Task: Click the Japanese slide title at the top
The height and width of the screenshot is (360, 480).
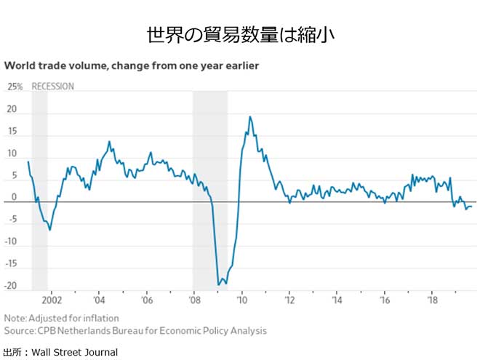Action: (x=240, y=34)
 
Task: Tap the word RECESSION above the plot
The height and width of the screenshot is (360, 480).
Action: (x=53, y=87)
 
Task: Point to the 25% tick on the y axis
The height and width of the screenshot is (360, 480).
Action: (x=15, y=87)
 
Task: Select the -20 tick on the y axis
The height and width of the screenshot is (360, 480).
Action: (x=11, y=285)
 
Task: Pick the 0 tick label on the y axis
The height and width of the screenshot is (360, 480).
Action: (x=14, y=197)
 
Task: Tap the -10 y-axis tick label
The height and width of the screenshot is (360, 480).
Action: (x=11, y=241)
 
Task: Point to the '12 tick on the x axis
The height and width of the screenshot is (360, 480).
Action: (x=289, y=299)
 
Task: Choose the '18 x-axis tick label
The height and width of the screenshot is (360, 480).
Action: (x=431, y=299)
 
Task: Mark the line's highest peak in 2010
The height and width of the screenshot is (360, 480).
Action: (x=250, y=116)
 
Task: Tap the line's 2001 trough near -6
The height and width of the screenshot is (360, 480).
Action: (x=49, y=230)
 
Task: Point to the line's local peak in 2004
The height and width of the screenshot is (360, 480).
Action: (x=109, y=142)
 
